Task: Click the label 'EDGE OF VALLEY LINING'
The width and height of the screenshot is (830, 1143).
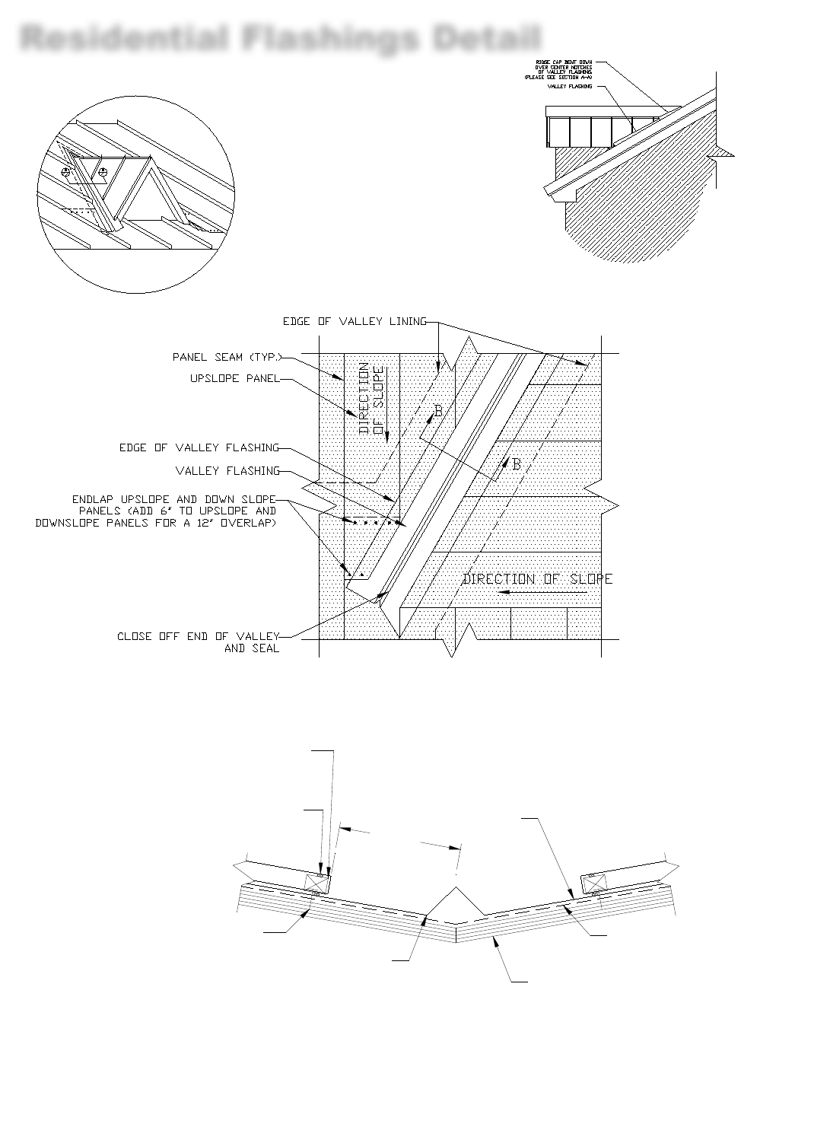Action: [355, 322]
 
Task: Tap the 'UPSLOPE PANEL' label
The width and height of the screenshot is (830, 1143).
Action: [234, 378]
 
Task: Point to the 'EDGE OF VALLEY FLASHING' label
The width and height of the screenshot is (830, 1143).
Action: [199, 447]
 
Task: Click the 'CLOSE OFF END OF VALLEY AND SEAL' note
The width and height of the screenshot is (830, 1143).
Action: [199, 642]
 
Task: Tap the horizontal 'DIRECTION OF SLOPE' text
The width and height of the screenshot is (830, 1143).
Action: [538, 579]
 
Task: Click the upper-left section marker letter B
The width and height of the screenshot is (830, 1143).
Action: [438, 412]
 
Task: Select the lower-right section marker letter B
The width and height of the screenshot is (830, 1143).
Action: [517, 464]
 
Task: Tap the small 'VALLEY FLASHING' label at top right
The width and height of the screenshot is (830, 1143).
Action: [570, 87]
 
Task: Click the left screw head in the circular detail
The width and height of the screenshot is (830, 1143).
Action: [66, 172]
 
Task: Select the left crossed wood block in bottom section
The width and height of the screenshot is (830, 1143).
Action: [316, 883]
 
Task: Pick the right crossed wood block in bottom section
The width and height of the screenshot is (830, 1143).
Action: [594, 883]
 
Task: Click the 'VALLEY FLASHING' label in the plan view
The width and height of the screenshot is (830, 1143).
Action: [227, 471]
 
